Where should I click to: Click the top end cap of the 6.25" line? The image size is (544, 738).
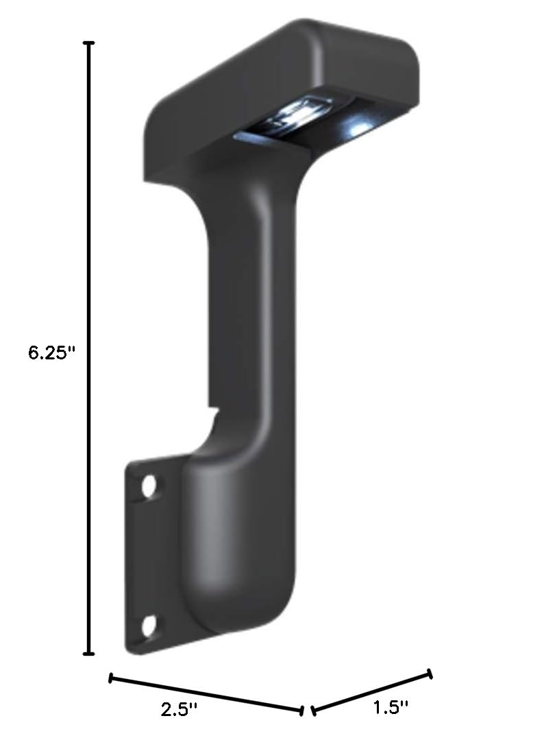pos(88,43)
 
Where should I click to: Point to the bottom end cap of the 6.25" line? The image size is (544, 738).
pos(88,653)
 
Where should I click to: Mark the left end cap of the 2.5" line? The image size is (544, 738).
pos(111,678)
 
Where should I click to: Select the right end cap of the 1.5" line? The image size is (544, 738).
pos(430,674)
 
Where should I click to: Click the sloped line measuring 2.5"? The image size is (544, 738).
pos(206,693)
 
